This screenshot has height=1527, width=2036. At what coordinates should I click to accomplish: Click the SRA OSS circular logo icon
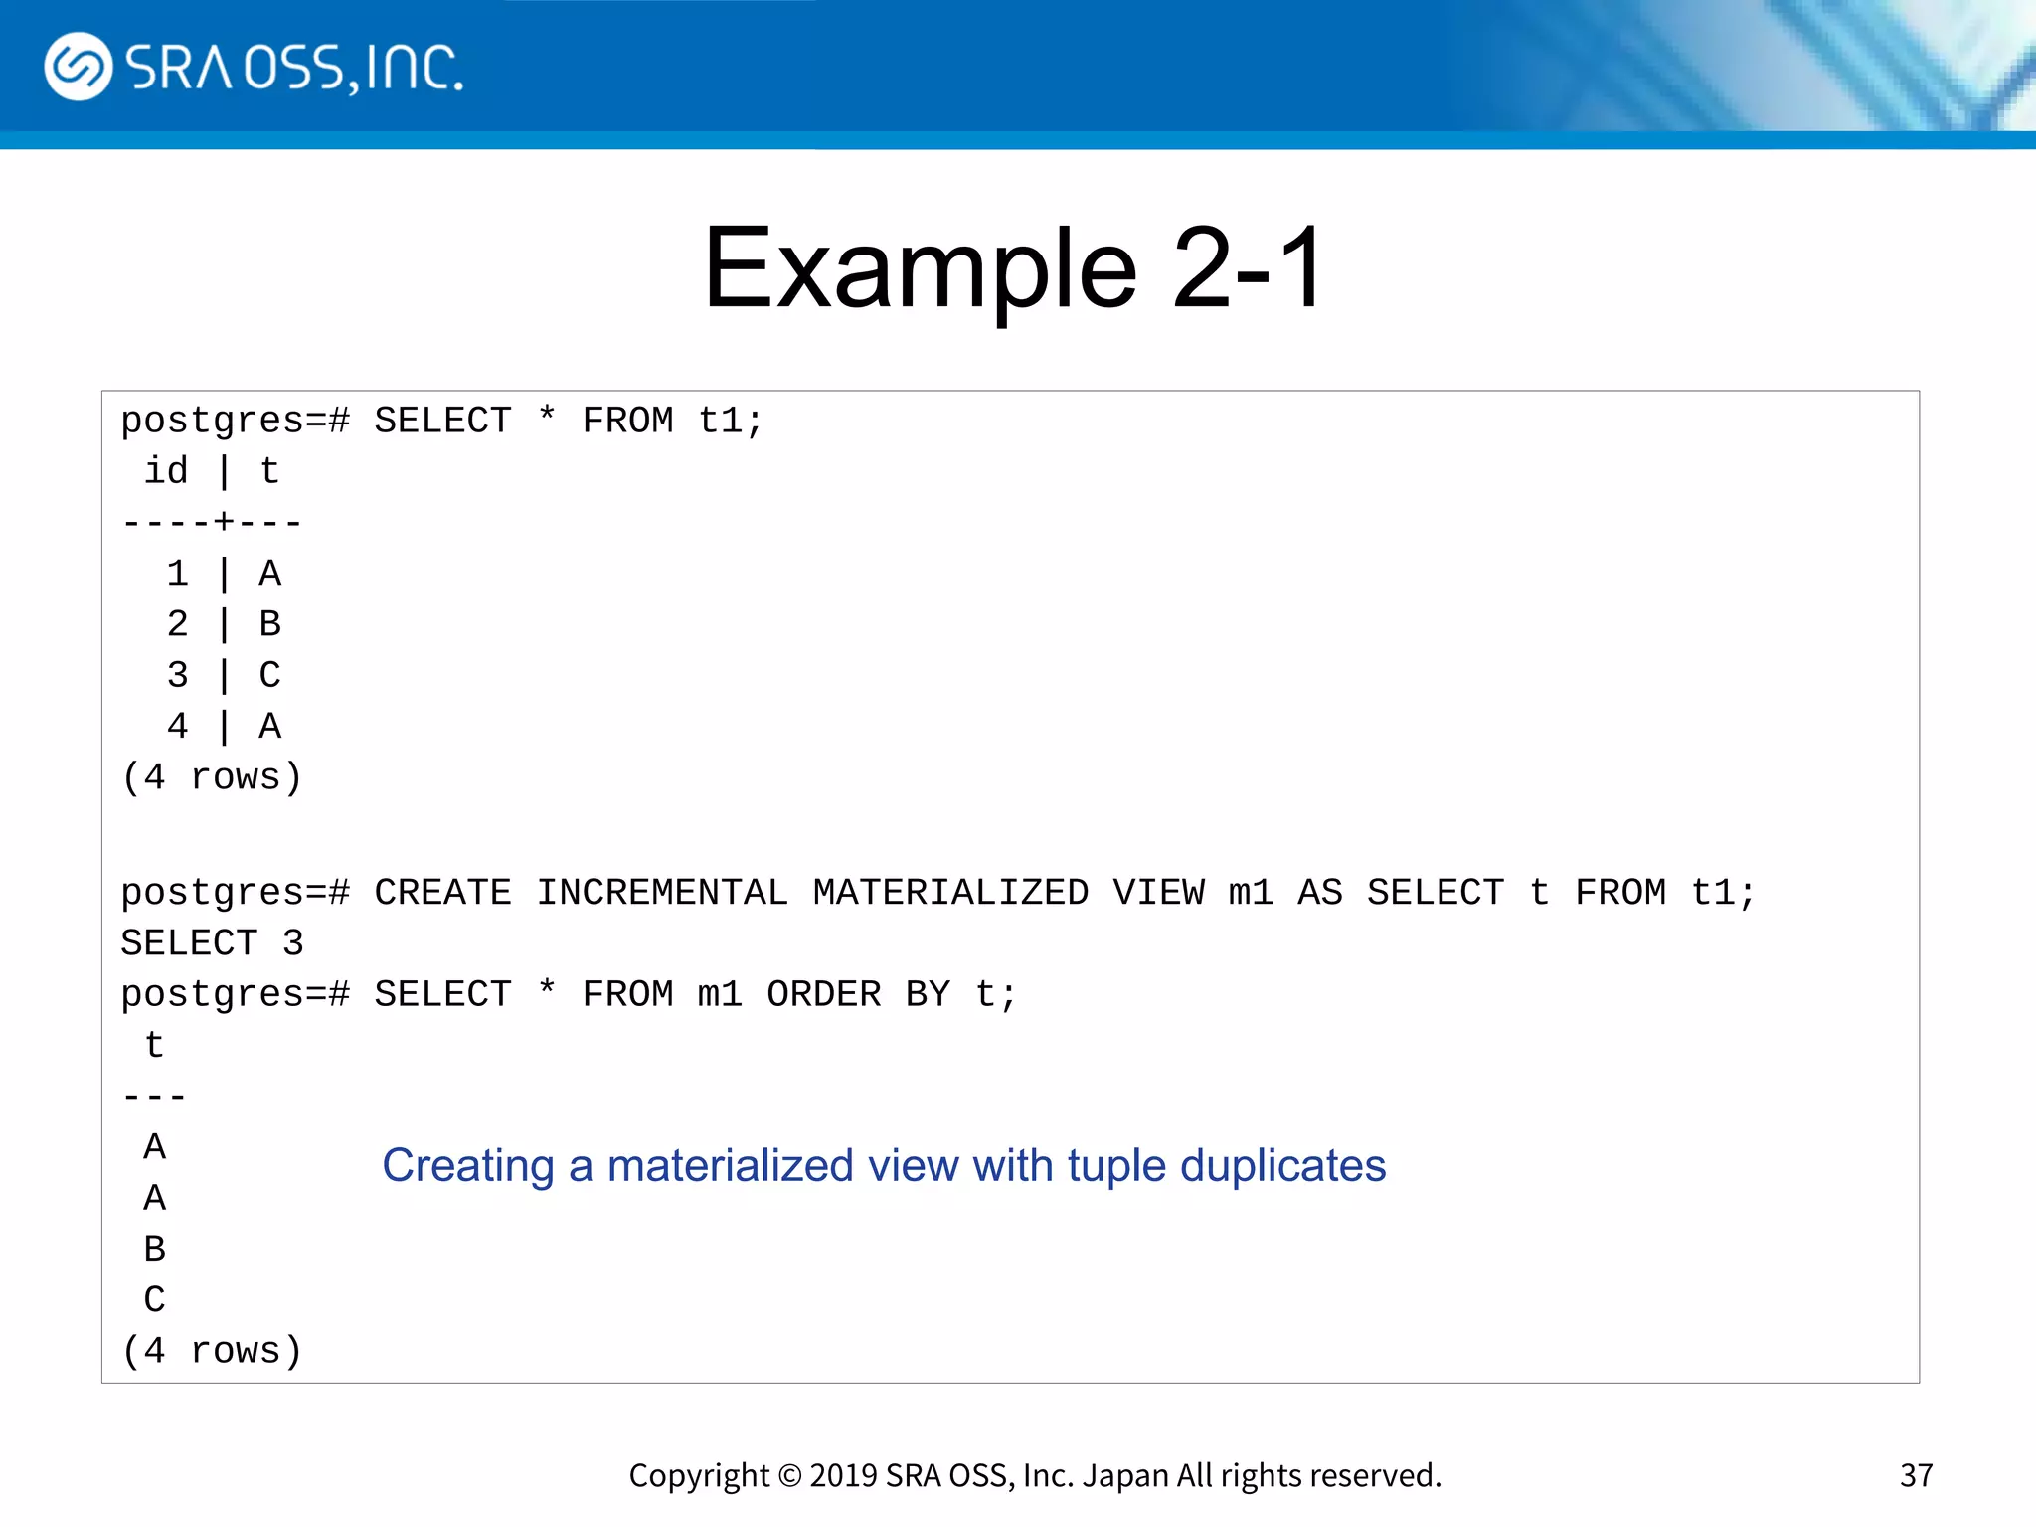[78, 67]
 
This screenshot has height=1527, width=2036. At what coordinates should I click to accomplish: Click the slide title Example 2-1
[1014, 268]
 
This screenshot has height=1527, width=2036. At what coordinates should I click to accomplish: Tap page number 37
[1916, 1475]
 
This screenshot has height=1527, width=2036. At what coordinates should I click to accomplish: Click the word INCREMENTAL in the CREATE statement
[662, 892]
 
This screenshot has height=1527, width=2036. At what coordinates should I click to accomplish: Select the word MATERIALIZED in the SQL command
[950, 892]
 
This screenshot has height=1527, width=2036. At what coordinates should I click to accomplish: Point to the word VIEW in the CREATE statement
[1158, 892]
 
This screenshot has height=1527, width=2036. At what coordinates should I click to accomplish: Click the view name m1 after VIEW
[1251, 892]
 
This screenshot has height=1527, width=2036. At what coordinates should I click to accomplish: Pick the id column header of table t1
[166, 471]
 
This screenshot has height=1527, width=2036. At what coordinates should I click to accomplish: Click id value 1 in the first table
[178, 574]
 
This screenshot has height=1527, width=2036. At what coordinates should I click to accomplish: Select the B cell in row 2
[269, 624]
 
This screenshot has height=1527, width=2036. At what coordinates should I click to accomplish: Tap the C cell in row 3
[269, 675]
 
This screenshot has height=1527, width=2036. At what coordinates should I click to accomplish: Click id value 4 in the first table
[178, 727]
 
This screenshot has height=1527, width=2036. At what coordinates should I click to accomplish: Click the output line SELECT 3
[212, 942]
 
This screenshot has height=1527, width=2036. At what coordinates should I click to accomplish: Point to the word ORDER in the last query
[823, 994]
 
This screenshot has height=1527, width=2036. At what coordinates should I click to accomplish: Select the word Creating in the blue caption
[468, 1165]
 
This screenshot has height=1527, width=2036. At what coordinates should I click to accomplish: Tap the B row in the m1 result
[155, 1249]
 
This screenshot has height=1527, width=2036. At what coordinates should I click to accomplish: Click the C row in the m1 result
[155, 1299]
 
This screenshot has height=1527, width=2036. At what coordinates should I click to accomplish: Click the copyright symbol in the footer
[789, 1476]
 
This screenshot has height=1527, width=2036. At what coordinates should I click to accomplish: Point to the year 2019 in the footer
[843, 1476]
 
